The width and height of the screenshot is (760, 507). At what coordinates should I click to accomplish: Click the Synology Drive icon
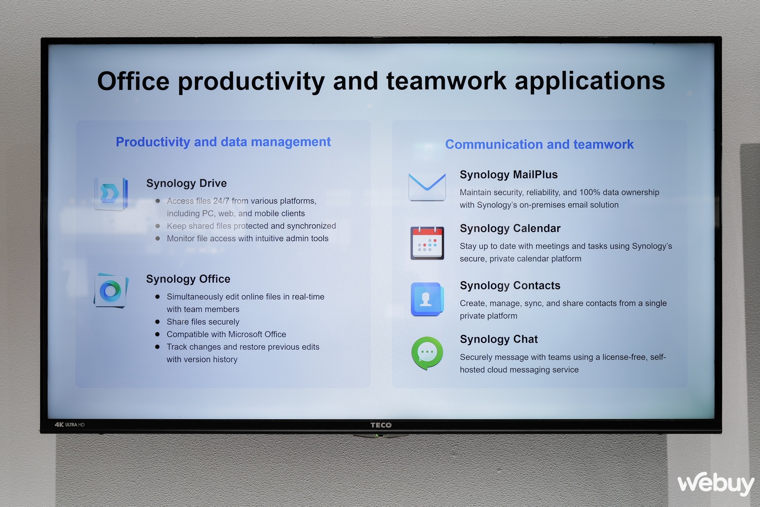point(111,193)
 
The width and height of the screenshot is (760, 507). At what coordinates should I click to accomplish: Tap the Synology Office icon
point(111,291)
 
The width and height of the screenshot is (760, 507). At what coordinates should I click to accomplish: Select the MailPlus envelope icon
point(427,186)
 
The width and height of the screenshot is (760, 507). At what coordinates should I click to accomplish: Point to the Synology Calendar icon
point(427,243)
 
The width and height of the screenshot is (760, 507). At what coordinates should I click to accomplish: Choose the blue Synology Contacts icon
point(427,299)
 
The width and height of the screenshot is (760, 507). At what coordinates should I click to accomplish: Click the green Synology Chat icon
point(427,353)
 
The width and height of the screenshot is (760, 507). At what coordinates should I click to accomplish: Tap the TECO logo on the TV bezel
point(381,425)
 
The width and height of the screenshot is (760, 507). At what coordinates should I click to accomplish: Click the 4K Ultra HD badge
point(70,425)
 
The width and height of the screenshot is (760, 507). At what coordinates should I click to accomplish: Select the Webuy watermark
point(716,483)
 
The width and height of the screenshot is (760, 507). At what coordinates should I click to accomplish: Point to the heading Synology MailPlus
point(508,175)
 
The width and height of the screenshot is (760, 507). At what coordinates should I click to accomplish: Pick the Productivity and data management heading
point(223,142)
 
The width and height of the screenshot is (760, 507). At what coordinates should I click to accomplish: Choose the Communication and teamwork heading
point(539,144)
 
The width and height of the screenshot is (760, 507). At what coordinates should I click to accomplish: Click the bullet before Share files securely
point(157,322)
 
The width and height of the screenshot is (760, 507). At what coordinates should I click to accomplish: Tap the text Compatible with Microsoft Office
point(226,334)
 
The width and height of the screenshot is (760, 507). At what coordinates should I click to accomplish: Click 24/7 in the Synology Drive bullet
point(221,201)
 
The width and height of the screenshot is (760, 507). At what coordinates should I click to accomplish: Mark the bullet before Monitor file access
point(157,238)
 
